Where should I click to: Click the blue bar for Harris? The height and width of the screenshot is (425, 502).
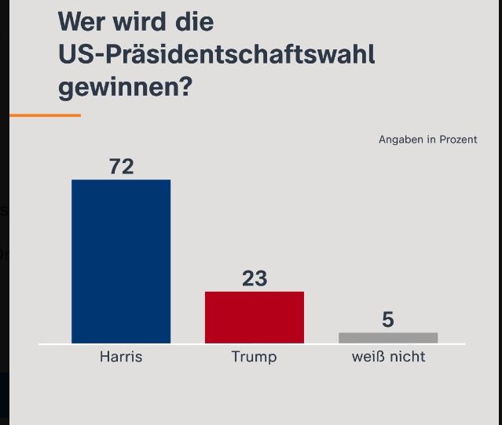[121, 261]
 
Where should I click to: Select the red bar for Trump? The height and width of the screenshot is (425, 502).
[255, 317]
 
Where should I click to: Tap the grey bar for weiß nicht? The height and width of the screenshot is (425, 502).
[388, 338]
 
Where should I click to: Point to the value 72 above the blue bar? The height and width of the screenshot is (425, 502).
[121, 166]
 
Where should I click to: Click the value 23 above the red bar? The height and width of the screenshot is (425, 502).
[255, 278]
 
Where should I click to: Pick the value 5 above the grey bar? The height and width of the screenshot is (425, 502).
[388, 320]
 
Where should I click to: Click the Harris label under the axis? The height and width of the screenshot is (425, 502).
[121, 357]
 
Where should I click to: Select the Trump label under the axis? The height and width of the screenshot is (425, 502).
[254, 357]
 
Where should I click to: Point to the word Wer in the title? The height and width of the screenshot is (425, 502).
[82, 21]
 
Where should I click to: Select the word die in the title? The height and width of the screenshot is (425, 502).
[194, 21]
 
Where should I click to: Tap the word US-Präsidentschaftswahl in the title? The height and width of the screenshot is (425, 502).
[216, 55]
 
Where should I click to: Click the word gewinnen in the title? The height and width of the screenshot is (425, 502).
[118, 87]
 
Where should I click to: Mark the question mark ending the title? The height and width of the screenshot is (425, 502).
[185, 86]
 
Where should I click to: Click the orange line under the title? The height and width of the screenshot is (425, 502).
[45, 115]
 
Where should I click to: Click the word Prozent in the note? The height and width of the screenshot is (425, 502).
[458, 140]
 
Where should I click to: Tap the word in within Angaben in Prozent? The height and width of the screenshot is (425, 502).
[431, 140]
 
